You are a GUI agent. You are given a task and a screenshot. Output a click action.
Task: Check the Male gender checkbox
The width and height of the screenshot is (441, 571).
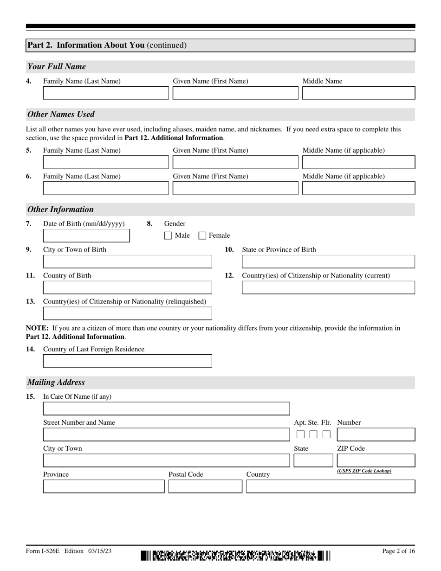[168, 235]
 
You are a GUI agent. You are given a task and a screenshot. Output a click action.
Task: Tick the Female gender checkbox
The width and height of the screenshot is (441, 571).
[202, 235]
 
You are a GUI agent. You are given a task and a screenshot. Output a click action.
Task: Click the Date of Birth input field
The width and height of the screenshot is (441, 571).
[86, 236]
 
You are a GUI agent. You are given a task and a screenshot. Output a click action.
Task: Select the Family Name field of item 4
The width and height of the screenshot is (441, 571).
[106, 93]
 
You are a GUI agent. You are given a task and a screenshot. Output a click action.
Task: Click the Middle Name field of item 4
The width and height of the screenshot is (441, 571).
[358, 93]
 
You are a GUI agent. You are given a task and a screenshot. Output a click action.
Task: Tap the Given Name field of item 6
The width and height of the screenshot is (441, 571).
[235, 188]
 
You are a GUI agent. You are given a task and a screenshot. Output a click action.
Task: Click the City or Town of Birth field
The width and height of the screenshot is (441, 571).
[127, 262]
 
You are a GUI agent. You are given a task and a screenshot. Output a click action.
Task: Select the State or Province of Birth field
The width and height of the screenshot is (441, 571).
[328, 262]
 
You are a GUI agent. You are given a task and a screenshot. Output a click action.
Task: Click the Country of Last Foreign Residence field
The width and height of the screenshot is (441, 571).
[127, 361]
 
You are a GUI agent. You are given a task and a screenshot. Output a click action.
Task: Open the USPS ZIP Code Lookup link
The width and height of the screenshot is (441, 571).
[364, 471]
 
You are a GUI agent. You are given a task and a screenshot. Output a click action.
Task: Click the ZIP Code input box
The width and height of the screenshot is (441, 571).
[376, 461]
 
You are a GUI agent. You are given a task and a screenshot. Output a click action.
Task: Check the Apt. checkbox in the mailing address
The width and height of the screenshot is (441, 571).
[300, 435]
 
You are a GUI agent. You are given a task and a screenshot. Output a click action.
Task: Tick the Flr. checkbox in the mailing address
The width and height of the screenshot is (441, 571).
[326, 435]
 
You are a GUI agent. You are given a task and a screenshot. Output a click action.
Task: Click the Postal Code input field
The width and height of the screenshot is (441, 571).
[205, 487]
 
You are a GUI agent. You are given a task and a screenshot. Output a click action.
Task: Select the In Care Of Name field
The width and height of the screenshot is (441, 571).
[166, 409]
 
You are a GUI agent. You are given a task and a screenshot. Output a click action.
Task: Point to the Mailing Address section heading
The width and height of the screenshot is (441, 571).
[56, 383]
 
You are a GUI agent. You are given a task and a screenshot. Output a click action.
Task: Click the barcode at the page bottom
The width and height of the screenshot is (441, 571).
[235, 555]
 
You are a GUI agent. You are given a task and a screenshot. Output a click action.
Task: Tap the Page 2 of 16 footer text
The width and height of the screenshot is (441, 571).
[398, 551]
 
